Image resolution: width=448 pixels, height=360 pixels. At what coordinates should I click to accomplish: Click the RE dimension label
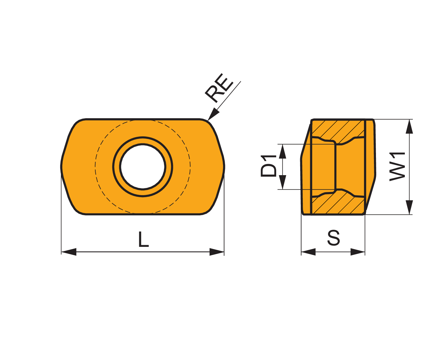(219, 88)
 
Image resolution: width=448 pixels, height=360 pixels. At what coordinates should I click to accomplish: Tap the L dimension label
(144, 239)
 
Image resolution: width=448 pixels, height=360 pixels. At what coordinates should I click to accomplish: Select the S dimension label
(334, 238)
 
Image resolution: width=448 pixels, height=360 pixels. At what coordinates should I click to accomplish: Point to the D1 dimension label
(268, 166)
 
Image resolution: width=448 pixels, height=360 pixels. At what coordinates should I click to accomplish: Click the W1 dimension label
(397, 167)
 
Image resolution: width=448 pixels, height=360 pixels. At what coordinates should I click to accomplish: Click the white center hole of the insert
(143, 167)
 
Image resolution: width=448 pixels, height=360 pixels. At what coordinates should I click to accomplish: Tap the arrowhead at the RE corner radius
(213, 114)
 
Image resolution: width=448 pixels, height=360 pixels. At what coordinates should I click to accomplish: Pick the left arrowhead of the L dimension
(69, 252)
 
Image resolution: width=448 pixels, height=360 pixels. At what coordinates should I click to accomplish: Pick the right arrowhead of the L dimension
(217, 252)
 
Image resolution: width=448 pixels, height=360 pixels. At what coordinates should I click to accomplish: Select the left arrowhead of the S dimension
(308, 252)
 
